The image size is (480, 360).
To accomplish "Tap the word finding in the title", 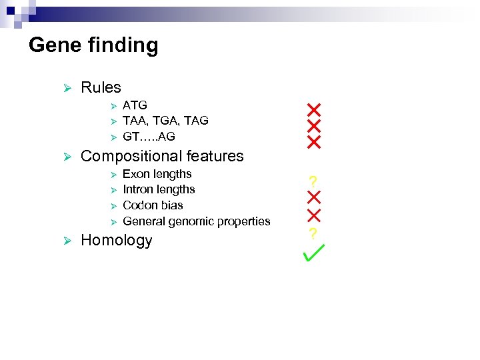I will coord(123,46).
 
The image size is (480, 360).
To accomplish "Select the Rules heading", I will coord(101,87).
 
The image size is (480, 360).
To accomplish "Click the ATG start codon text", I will coord(135,105).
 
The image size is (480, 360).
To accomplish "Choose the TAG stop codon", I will coord(195,121).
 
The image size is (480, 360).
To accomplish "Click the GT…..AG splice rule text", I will coord(149,137).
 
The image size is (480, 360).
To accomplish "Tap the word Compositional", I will coord(133,157).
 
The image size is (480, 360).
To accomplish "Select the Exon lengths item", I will coord(157,174).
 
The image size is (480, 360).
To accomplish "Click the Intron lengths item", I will coord(159,189).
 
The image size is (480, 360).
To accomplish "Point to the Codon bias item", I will coord(153,205).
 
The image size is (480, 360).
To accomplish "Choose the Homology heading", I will coord(116,241).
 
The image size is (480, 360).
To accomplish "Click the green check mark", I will coord(313,253).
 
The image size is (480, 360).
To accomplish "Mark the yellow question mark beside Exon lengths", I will coord(313,181).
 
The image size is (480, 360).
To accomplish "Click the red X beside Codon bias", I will coord(314,215).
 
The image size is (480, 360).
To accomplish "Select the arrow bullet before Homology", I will coord(66,241).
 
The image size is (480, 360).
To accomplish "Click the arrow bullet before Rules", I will coord(66,88).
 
